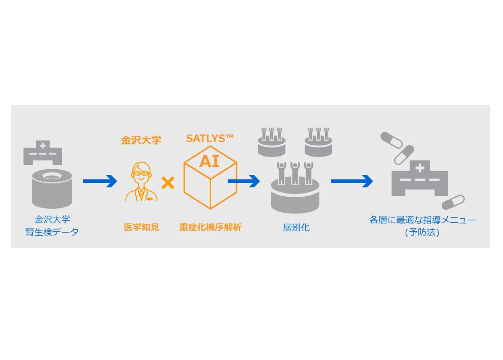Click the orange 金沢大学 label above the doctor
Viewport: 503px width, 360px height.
[141, 140]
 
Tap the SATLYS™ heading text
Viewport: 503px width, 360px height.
[210, 139]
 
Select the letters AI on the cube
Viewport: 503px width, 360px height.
[209, 161]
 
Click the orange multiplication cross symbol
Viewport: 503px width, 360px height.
[168, 183]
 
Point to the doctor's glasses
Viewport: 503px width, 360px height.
[141, 174]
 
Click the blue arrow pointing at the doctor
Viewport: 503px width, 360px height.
[100, 181]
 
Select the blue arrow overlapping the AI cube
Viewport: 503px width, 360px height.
[244, 181]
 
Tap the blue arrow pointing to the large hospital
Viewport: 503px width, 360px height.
[352, 181]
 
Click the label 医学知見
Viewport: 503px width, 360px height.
[142, 227]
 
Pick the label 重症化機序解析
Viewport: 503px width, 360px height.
[210, 227]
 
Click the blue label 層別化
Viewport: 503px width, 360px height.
[296, 228]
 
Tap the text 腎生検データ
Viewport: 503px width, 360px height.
[52, 232]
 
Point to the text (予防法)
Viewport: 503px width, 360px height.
[422, 232]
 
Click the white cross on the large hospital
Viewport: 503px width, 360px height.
[420, 168]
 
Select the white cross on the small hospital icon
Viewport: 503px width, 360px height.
[43, 146]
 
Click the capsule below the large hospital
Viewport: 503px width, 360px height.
[453, 202]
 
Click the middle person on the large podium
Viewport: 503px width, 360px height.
[295, 174]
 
